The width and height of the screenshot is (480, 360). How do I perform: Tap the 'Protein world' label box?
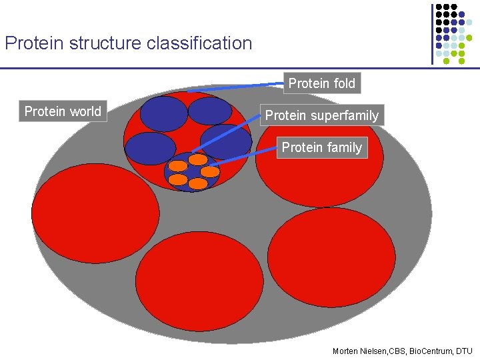tap(63, 111)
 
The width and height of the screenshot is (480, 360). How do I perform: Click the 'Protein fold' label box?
tap(321, 83)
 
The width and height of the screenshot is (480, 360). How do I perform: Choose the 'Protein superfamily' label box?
tap(321, 115)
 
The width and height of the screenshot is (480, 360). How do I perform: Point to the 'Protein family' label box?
tap(321, 147)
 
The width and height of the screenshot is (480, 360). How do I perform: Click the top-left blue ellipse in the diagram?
tap(163, 113)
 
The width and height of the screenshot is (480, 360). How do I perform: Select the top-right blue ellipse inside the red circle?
tap(209, 111)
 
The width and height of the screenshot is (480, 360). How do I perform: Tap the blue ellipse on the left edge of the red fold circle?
tap(150, 148)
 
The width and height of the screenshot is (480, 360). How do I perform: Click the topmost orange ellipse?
tap(197, 159)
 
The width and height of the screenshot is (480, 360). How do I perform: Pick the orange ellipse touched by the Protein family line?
tap(210, 171)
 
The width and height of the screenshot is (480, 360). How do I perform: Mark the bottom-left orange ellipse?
tap(177, 179)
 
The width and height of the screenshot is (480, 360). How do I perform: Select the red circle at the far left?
tap(95, 213)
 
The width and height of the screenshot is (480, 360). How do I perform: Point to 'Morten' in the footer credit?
tap(346, 351)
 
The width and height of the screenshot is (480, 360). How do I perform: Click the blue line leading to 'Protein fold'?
tap(233, 86)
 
